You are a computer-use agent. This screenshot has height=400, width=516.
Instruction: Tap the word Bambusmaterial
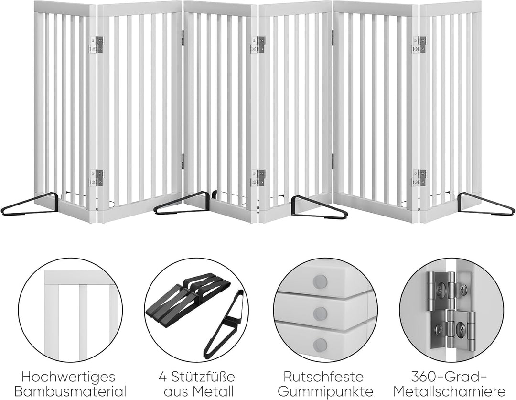pyautogui.click(x=70, y=391)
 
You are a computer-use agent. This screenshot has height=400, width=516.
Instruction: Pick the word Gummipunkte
pyautogui.click(x=325, y=392)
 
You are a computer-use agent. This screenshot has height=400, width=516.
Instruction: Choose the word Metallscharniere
pyautogui.click(x=450, y=392)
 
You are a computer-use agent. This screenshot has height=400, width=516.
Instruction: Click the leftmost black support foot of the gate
pyautogui.click(x=30, y=205)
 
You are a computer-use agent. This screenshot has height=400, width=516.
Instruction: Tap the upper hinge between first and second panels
pyautogui.click(x=96, y=44)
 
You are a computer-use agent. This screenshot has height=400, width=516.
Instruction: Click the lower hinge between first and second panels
pyautogui.click(x=96, y=178)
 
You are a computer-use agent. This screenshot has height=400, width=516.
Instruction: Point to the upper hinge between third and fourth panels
pyautogui.click(x=258, y=44)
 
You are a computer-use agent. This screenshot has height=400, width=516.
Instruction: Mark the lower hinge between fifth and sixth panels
pyautogui.click(x=420, y=178)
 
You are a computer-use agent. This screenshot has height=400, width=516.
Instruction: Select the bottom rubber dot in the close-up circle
pyautogui.click(x=320, y=345)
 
